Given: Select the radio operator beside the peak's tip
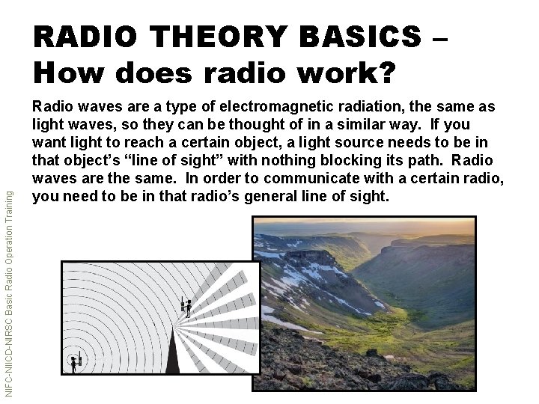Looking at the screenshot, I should [x=186, y=306].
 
